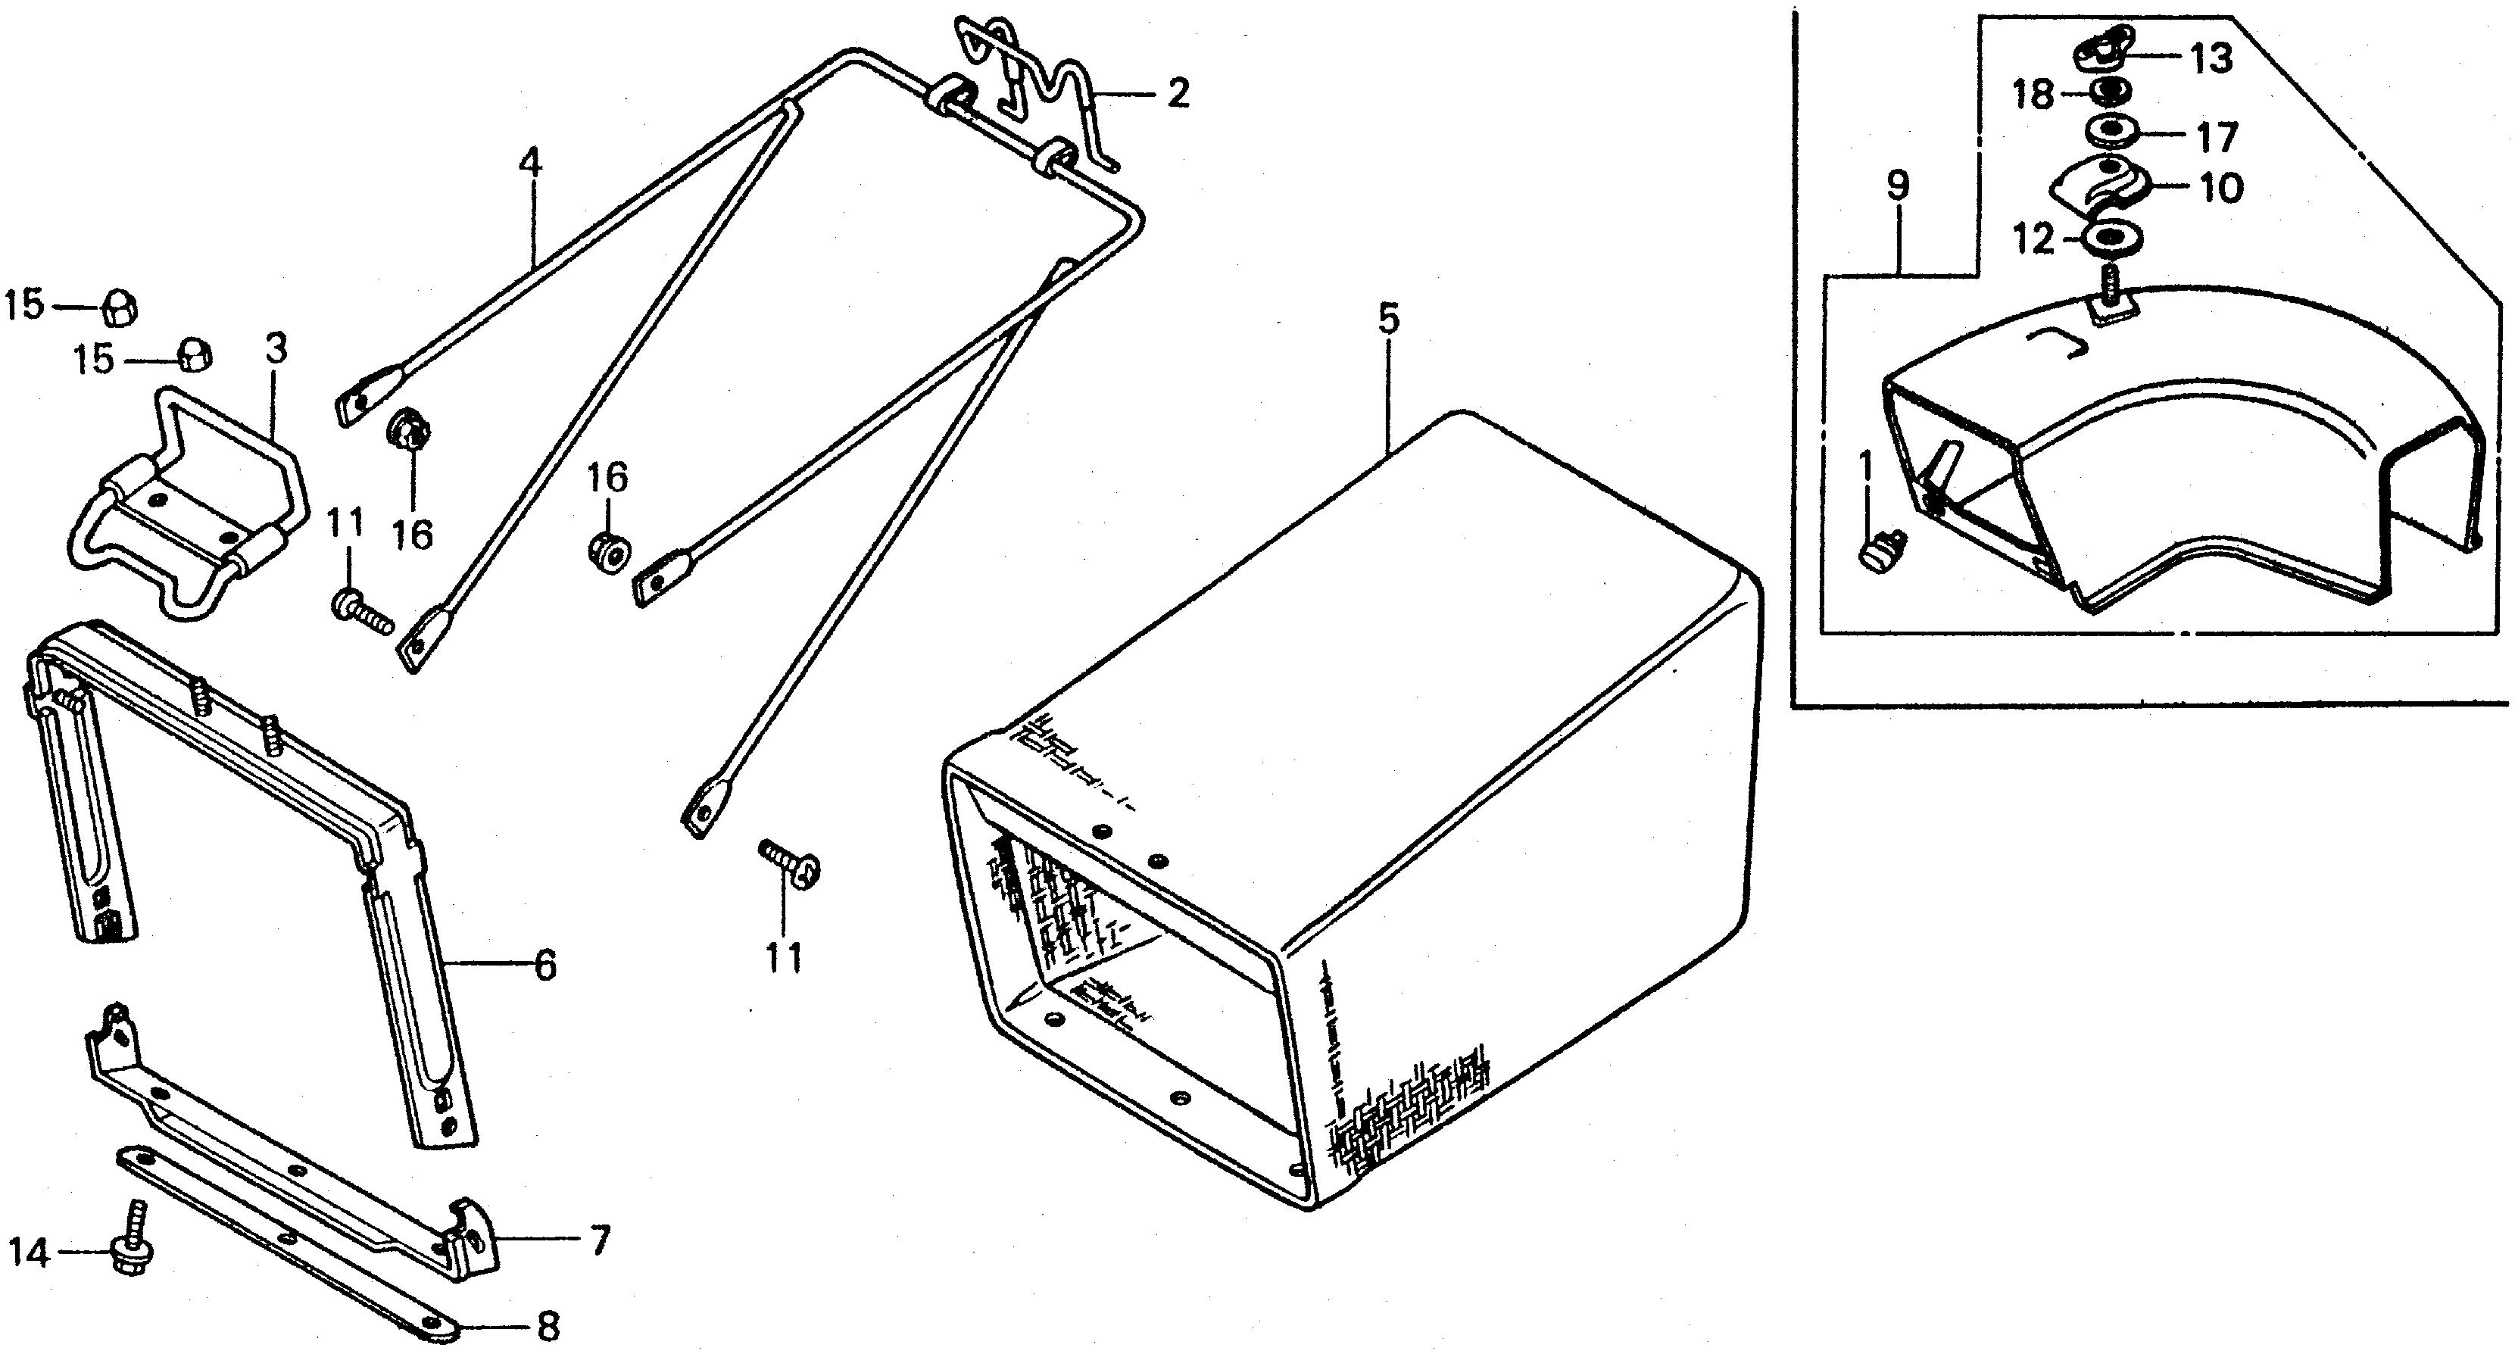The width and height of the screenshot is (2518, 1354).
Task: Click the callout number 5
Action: coord(1388,320)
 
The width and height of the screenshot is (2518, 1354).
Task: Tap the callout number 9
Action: coord(1897,186)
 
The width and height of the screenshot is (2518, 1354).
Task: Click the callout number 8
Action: coord(548,1327)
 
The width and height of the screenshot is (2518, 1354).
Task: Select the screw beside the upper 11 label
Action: coord(363,609)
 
